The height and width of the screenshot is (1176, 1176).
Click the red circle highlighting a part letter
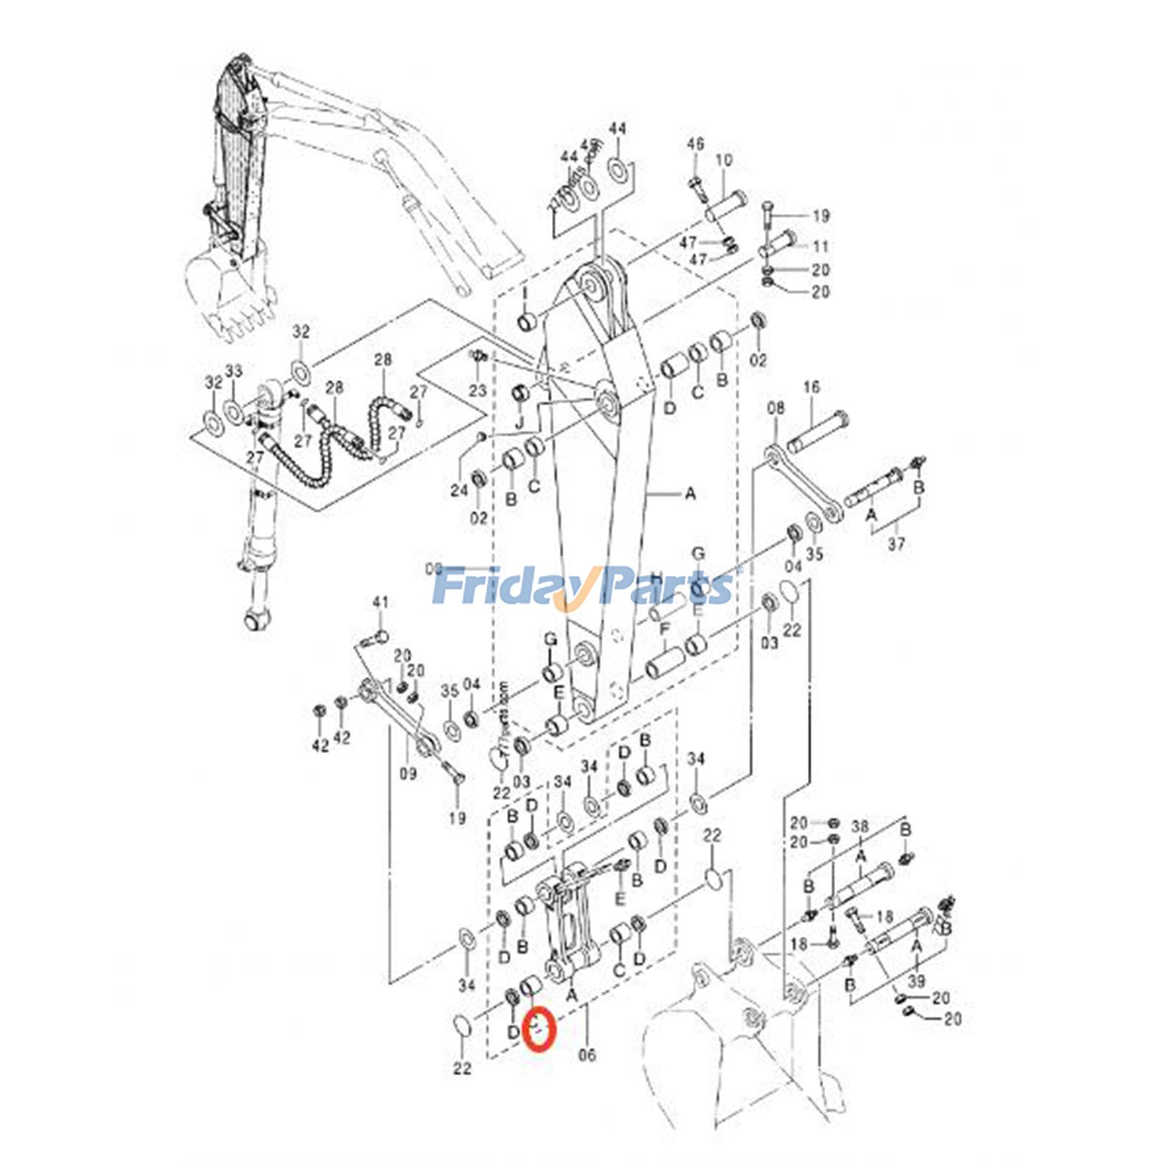pyautogui.click(x=540, y=1028)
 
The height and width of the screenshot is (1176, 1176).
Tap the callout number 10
pyautogui.click(x=724, y=160)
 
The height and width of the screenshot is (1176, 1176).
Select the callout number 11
pyautogui.click(x=821, y=247)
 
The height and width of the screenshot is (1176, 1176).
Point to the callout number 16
pyautogui.click(x=811, y=387)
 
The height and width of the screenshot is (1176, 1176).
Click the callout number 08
pyautogui.click(x=775, y=408)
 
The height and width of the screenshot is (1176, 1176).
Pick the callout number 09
pyautogui.click(x=408, y=772)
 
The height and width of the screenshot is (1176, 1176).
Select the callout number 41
pyautogui.click(x=380, y=603)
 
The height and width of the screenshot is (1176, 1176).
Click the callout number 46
pyautogui.click(x=695, y=143)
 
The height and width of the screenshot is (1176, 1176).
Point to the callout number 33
pyautogui.click(x=234, y=372)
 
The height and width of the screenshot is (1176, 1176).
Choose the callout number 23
pyautogui.click(x=478, y=390)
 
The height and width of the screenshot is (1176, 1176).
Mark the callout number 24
pyautogui.click(x=459, y=490)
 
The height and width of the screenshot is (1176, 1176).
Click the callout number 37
pyautogui.click(x=896, y=544)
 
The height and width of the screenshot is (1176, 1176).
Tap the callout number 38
pyautogui.click(x=860, y=827)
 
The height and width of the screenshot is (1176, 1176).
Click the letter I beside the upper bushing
pyautogui.click(x=526, y=294)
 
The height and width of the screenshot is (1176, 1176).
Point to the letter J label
pyautogui.click(x=519, y=423)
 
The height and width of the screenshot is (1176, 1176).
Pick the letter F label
pyautogui.click(x=664, y=629)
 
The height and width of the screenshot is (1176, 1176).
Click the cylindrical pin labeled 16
pyautogui.click(x=818, y=433)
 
